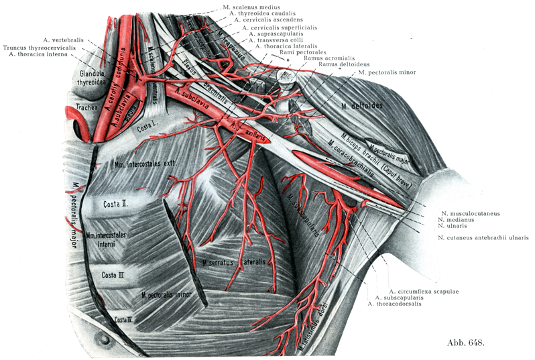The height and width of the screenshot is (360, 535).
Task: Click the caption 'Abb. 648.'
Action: point(465,343)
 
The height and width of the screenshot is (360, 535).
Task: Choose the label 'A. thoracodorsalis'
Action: point(399,304)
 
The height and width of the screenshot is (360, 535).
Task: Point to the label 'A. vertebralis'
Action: point(63,40)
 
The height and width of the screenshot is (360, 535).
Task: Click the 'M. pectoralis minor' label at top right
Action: point(390,72)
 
